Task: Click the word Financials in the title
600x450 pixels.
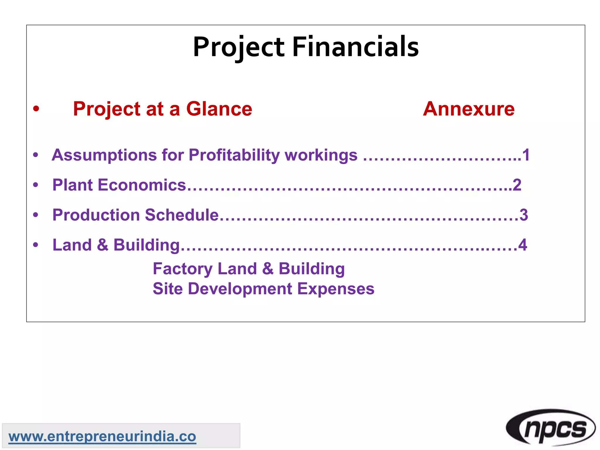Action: (355, 47)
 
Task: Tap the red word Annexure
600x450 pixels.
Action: (468, 109)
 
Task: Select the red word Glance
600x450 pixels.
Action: (219, 109)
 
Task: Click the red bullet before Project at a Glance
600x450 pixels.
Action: (36, 109)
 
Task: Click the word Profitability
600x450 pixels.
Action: (234, 155)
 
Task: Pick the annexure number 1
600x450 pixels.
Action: (526, 155)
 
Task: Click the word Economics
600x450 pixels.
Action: (142, 185)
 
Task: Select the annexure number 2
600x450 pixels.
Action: (517, 185)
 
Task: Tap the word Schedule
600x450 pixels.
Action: (182, 215)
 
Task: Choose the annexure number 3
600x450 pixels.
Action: (524, 215)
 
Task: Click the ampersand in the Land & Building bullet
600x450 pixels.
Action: (103, 245)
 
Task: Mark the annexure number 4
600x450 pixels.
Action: (523, 245)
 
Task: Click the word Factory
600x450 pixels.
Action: (183, 269)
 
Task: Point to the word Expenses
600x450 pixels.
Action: (336, 289)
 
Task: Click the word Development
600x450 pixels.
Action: (240, 289)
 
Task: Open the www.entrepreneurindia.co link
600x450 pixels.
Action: (102, 437)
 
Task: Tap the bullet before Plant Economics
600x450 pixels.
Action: (36, 185)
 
